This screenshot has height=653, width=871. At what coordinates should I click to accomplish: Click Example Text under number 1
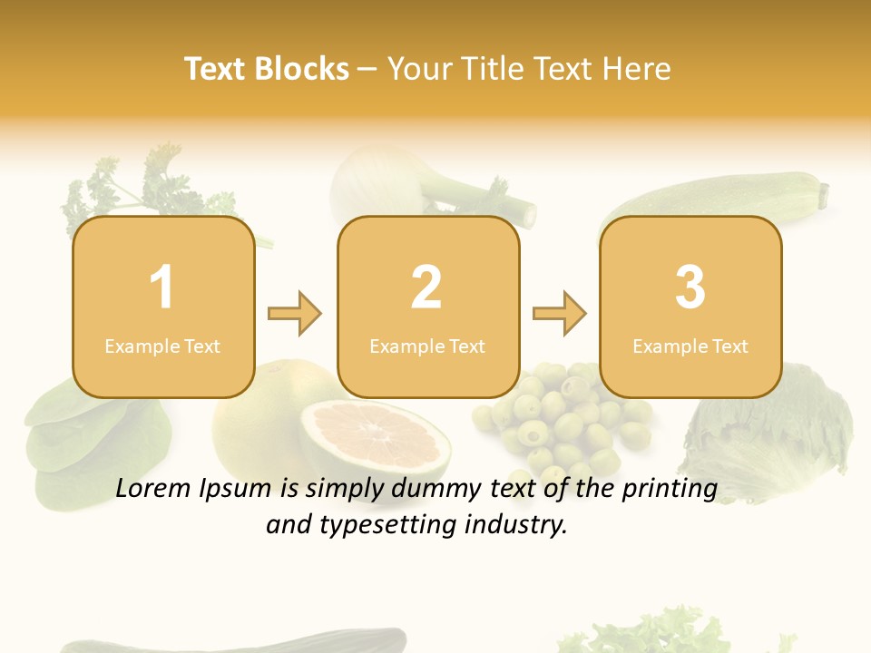[x=162, y=346]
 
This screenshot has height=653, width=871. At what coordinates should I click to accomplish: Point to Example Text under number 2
[x=427, y=346]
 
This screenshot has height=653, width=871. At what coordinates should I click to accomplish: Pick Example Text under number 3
[x=690, y=346]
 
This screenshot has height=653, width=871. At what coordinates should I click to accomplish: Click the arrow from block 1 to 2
[x=295, y=314]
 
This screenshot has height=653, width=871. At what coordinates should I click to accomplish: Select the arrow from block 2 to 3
[x=560, y=314]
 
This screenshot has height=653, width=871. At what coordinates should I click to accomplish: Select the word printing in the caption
[x=670, y=488]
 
